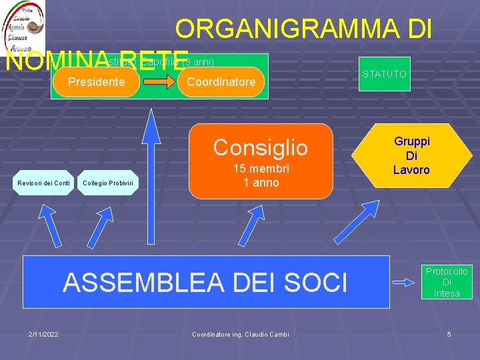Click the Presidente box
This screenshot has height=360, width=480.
point(97,82)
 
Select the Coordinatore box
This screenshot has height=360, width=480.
point(221,82)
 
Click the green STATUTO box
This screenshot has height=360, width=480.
point(385,74)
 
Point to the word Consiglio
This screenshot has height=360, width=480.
point(261,147)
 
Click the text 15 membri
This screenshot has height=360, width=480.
point(261,169)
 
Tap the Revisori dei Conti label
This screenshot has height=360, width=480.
point(44,183)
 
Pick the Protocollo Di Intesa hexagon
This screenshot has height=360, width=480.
point(447,282)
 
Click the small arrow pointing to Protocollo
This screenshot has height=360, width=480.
point(404,282)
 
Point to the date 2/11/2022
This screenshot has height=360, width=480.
point(43,333)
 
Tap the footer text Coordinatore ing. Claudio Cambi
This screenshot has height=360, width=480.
point(241,334)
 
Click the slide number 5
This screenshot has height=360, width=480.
point(449,333)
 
